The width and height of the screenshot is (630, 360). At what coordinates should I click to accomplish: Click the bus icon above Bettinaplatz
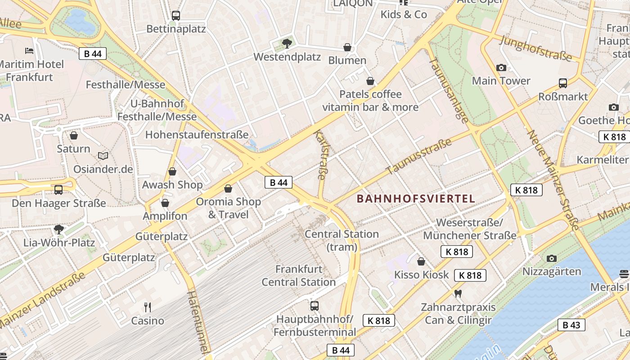(176, 16)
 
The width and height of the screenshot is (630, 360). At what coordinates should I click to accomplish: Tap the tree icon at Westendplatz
(287, 44)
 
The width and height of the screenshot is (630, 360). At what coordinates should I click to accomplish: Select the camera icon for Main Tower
(501, 68)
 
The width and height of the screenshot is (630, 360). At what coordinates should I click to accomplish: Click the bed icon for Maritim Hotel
(29, 50)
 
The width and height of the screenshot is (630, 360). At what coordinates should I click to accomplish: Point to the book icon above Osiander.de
(103, 156)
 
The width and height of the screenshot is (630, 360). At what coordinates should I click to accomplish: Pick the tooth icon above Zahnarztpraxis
(458, 294)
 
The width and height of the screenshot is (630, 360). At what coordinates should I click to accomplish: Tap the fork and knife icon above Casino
(148, 307)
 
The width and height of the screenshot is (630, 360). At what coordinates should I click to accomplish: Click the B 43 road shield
(571, 324)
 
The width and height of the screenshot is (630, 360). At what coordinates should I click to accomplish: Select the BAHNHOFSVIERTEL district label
(416, 198)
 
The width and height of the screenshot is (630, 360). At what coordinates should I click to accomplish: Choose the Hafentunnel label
(199, 321)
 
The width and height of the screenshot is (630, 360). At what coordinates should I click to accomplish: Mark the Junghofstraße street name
(535, 49)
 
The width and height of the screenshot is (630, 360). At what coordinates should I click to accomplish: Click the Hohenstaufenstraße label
(197, 135)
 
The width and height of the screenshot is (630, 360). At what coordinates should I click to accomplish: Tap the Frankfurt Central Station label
(299, 276)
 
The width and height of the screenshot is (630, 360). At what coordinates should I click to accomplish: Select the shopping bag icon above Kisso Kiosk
(421, 261)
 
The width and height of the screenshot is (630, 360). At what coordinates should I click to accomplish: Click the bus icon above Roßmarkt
(563, 83)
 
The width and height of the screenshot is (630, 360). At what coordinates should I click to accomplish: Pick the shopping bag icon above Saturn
(74, 135)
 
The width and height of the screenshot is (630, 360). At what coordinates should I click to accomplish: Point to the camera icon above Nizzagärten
(552, 258)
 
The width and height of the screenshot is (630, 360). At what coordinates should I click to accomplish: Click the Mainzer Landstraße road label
(43, 300)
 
